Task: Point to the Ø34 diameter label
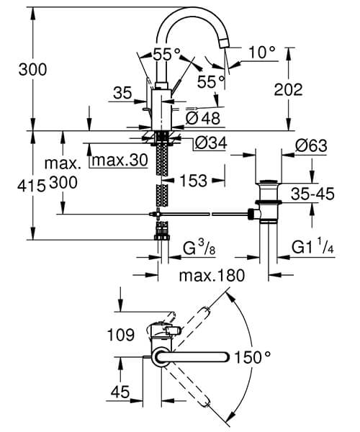coord(211,144)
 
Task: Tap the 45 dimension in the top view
coord(120,392)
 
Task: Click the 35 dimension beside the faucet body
coord(123,91)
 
